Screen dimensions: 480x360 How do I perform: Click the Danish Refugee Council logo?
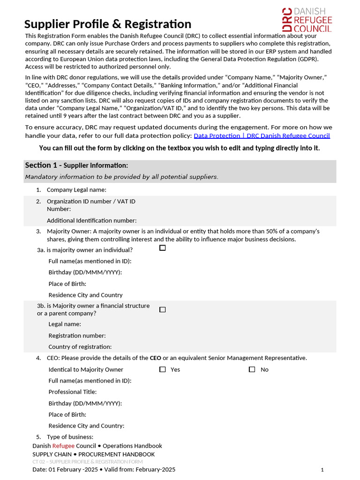[307, 20]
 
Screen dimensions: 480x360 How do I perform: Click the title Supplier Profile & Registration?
[108, 24]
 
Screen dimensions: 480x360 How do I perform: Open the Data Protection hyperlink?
[262, 135]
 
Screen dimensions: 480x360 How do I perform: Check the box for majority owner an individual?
[163, 248]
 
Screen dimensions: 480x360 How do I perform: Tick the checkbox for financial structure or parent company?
[163, 309]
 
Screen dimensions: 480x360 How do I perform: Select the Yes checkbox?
[163, 369]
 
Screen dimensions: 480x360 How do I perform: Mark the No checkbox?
[252, 369]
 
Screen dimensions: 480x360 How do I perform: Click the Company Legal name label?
[76, 190]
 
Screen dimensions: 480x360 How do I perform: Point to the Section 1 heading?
[76, 165]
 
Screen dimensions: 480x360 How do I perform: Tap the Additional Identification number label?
[91, 220]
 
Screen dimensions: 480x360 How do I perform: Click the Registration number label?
[77, 336]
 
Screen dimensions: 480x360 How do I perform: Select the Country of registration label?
[80, 347]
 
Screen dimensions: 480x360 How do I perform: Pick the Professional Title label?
[73, 392]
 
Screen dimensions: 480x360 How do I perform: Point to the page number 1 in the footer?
[322, 470]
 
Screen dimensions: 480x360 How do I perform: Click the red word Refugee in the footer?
[63, 446]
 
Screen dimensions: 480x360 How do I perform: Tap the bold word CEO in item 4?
[155, 358]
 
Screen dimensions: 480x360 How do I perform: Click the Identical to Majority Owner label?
[86, 369]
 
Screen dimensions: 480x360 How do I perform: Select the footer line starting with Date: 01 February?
[104, 469]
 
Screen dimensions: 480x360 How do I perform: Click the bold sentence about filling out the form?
[180, 148]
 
